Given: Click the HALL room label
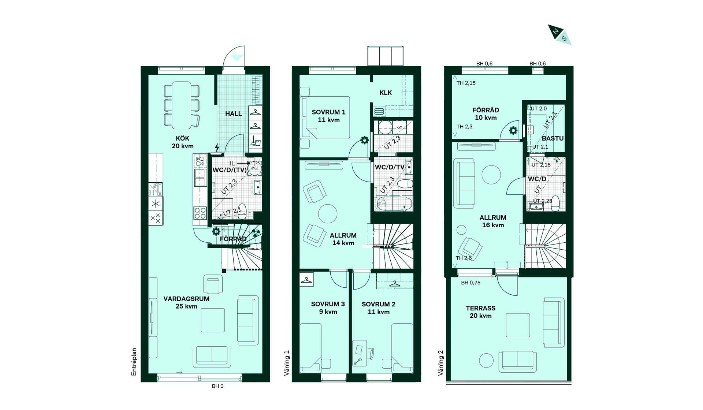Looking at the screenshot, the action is (233, 114).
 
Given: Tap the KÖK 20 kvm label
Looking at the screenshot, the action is (183, 142).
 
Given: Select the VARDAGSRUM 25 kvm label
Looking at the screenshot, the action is (186, 302).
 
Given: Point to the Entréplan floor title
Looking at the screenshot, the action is (134, 362).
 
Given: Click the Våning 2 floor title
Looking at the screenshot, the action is (440, 363).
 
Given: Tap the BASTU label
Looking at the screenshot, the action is (553, 138).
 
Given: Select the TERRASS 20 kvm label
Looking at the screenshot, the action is (480, 312).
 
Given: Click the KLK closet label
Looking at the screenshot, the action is (386, 93).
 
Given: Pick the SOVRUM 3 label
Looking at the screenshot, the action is (328, 304).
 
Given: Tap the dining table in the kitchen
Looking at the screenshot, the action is (182, 105).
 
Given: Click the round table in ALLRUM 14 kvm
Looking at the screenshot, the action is (328, 213).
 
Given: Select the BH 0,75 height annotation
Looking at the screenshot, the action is (470, 283).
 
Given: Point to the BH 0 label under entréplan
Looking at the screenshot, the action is (217, 386).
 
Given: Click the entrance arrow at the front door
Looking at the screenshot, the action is (237, 58).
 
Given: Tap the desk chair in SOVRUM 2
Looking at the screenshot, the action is (371, 353).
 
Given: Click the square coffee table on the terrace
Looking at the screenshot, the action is (518, 325).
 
